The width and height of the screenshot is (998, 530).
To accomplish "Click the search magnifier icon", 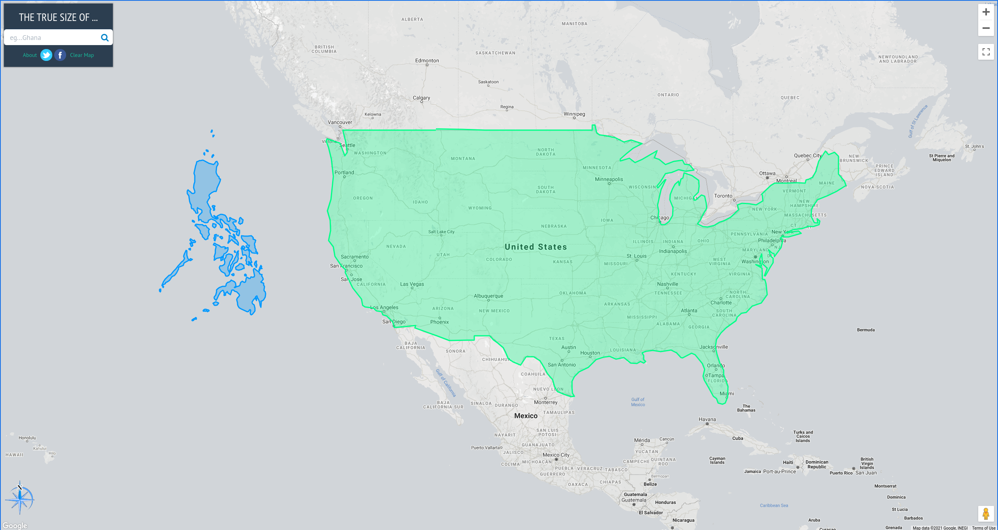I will [105, 38].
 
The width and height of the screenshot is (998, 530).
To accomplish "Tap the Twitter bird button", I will [46, 55].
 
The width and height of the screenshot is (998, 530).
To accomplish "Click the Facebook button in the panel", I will [60, 55].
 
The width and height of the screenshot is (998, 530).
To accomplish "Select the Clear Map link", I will [82, 55].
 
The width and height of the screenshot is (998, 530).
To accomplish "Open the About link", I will [30, 55].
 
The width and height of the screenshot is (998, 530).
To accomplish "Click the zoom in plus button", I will [986, 12].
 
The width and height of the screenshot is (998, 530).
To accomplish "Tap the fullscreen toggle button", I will [986, 52].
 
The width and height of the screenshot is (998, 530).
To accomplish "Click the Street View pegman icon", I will [986, 514].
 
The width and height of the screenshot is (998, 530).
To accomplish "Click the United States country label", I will [536, 247].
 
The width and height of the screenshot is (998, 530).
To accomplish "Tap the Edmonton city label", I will [427, 61].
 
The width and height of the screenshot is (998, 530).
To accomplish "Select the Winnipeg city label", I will [574, 114].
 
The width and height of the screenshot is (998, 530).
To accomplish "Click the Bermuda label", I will [866, 330].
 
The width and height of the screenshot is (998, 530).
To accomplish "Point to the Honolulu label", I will [27, 438].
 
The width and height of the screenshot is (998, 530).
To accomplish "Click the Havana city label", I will [707, 419].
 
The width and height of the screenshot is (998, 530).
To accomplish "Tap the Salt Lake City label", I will [441, 232].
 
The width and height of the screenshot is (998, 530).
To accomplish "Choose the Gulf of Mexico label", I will [638, 402].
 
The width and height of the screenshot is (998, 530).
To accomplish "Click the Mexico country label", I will [526, 416].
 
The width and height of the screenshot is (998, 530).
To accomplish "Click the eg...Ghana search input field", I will [51, 38].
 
